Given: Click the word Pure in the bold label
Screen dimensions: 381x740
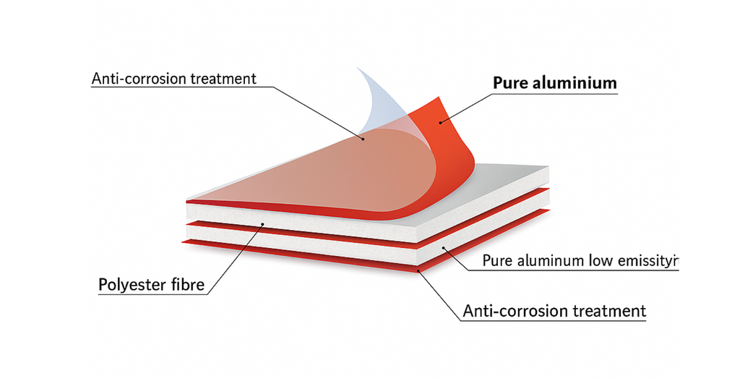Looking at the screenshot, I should (x=509, y=83).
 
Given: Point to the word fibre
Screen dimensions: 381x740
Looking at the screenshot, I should (x=187, y=284).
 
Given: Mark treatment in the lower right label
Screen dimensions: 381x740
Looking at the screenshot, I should (x=608, y=312).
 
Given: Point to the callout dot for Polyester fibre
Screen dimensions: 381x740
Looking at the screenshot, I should (x=262, y=225).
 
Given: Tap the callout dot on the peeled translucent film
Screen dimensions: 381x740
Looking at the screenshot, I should (x=362, y=137).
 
